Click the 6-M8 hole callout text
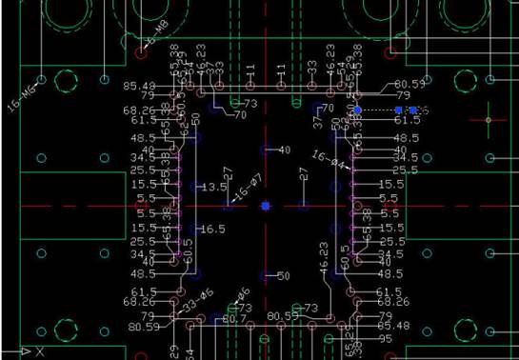(162, 35)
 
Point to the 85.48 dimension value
(139, 86)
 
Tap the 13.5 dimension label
(214, 188)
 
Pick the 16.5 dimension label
(213, 230)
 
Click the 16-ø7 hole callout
(247, 187)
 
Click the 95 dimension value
(385, 339)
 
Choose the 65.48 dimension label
(392, 326)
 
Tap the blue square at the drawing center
(266, 206)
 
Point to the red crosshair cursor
(489, 120)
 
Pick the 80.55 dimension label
(282, 315)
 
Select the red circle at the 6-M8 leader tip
(142, 53)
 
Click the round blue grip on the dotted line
(358, 110)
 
